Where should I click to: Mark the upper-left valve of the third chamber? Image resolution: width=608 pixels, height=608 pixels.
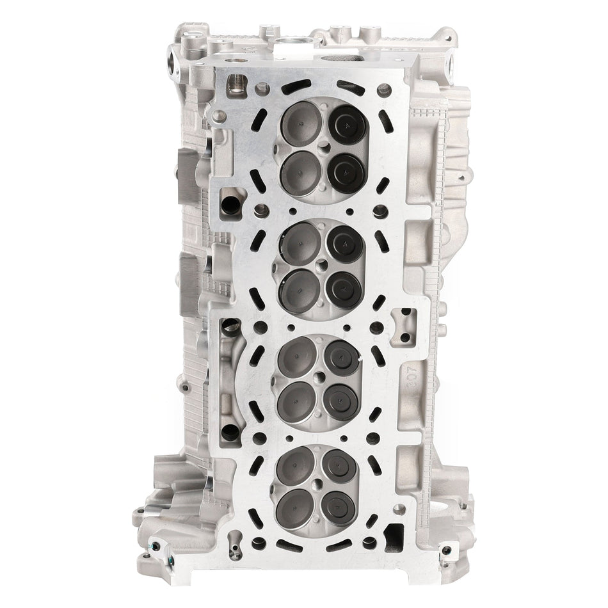point(296,354)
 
